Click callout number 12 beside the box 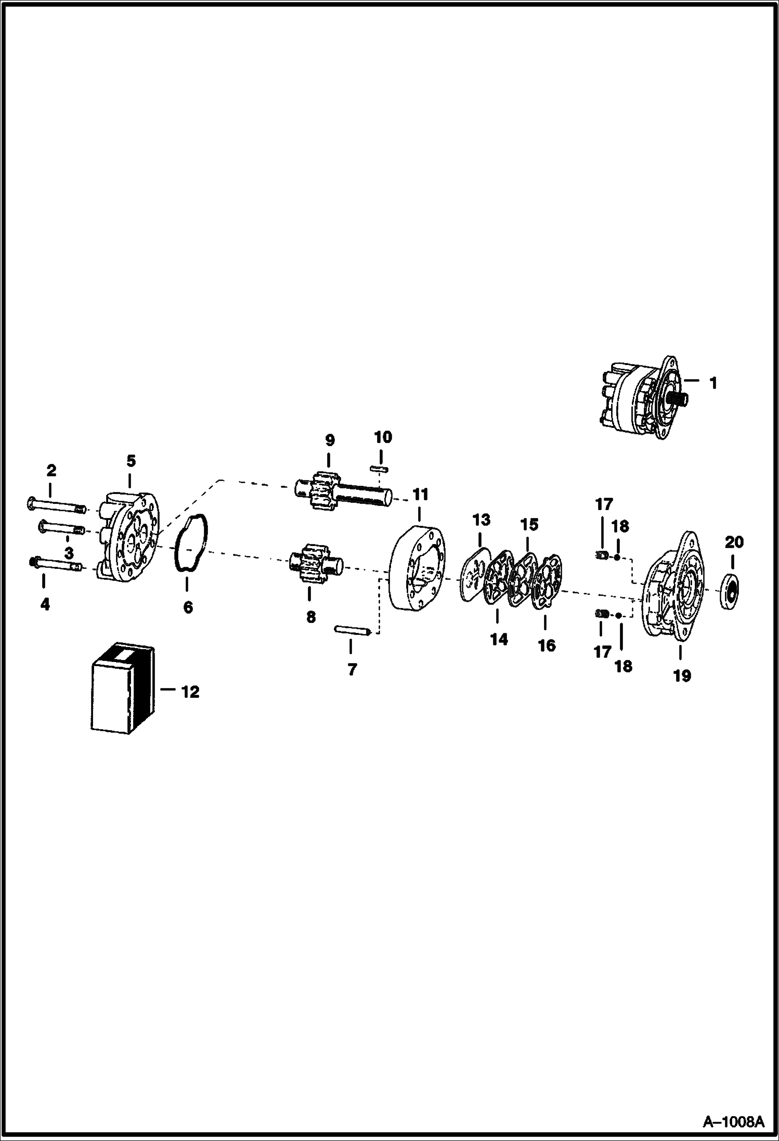tap(190, 692)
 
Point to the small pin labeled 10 tap(380, 469)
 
